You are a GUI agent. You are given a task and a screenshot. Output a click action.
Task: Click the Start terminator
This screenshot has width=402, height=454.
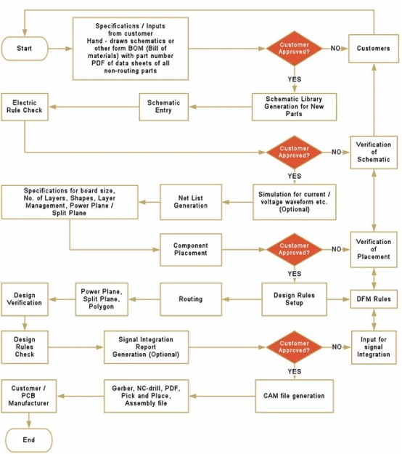click(25, 49)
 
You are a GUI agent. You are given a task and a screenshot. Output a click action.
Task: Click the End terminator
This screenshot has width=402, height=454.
click(28, 440)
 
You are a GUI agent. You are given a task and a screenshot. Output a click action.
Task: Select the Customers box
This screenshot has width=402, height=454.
click(374, 49)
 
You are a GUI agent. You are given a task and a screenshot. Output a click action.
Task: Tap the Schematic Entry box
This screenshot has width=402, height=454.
click(163, 106)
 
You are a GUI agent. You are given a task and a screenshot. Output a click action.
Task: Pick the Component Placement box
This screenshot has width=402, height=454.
click(191, 249)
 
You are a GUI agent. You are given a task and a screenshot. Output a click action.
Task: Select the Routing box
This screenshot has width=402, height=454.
click(191, 299)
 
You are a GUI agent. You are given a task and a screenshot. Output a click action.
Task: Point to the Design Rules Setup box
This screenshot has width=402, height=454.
click(294, 299)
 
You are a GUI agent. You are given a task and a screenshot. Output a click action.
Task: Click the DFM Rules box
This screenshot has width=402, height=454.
click(374, 299)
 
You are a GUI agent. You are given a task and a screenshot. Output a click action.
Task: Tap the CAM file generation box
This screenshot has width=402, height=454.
click(294, 396)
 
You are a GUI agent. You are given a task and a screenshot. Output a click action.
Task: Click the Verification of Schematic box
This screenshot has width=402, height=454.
click(374, 153)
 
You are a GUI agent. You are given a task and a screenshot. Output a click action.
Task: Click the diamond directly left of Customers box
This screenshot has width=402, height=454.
click(295, 49)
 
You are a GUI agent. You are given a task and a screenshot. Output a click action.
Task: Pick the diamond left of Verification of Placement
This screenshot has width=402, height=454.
click(295, 249)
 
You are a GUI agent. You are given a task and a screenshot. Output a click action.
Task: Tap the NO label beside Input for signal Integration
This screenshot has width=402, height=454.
click(336, 347)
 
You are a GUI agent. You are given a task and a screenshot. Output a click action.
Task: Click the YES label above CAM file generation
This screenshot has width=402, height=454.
click(295, 371)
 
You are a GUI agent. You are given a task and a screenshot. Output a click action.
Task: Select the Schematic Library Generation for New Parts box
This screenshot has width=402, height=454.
click(294, 106)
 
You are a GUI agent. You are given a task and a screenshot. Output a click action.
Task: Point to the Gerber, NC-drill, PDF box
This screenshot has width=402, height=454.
click(147, 397)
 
